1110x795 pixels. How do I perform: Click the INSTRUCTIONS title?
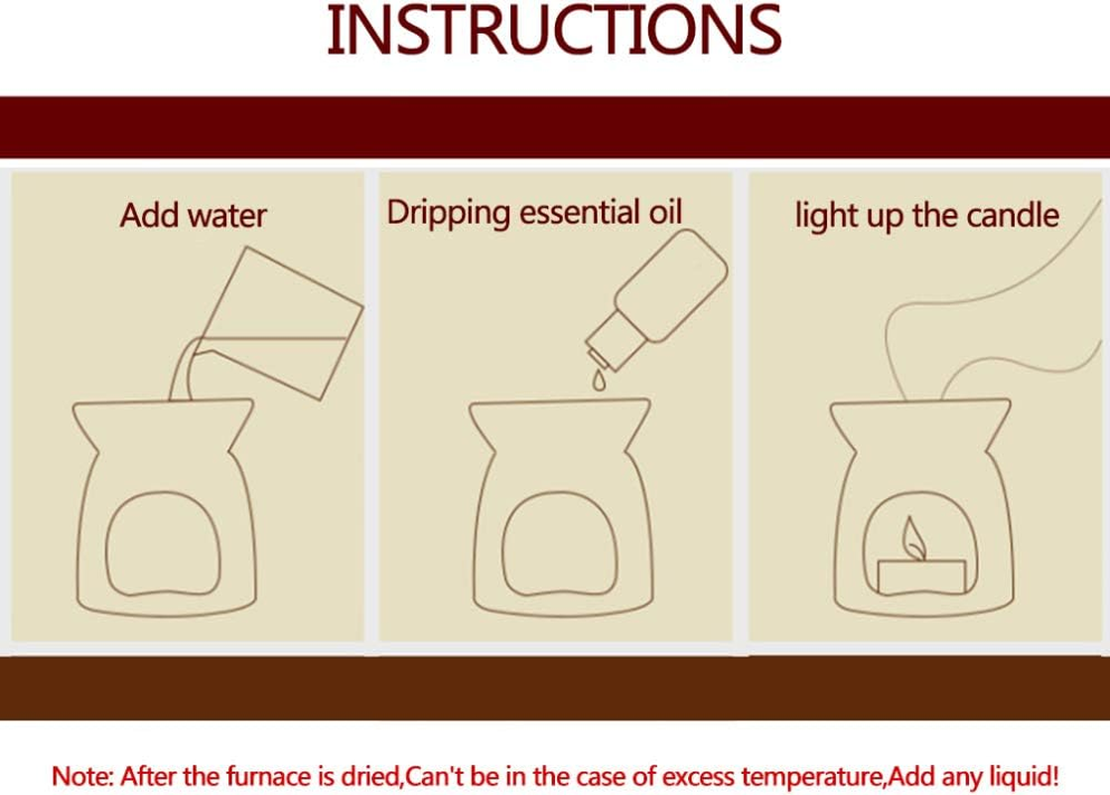click(554, 31)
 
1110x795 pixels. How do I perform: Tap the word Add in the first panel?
click(149, 216)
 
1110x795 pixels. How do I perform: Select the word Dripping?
click(448, 214)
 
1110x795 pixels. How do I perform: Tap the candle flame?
click(911, 540)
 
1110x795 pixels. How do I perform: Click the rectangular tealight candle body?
click(921, 576)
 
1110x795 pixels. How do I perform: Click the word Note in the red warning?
click(82, 776)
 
